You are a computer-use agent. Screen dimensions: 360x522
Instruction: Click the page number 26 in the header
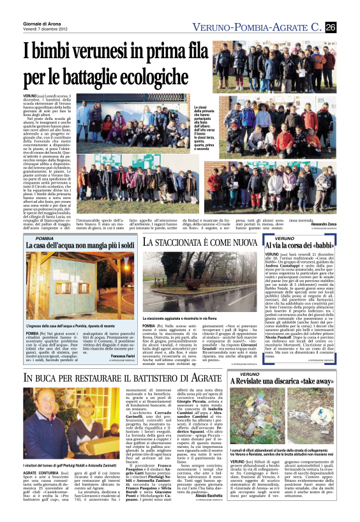click(331, 26)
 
